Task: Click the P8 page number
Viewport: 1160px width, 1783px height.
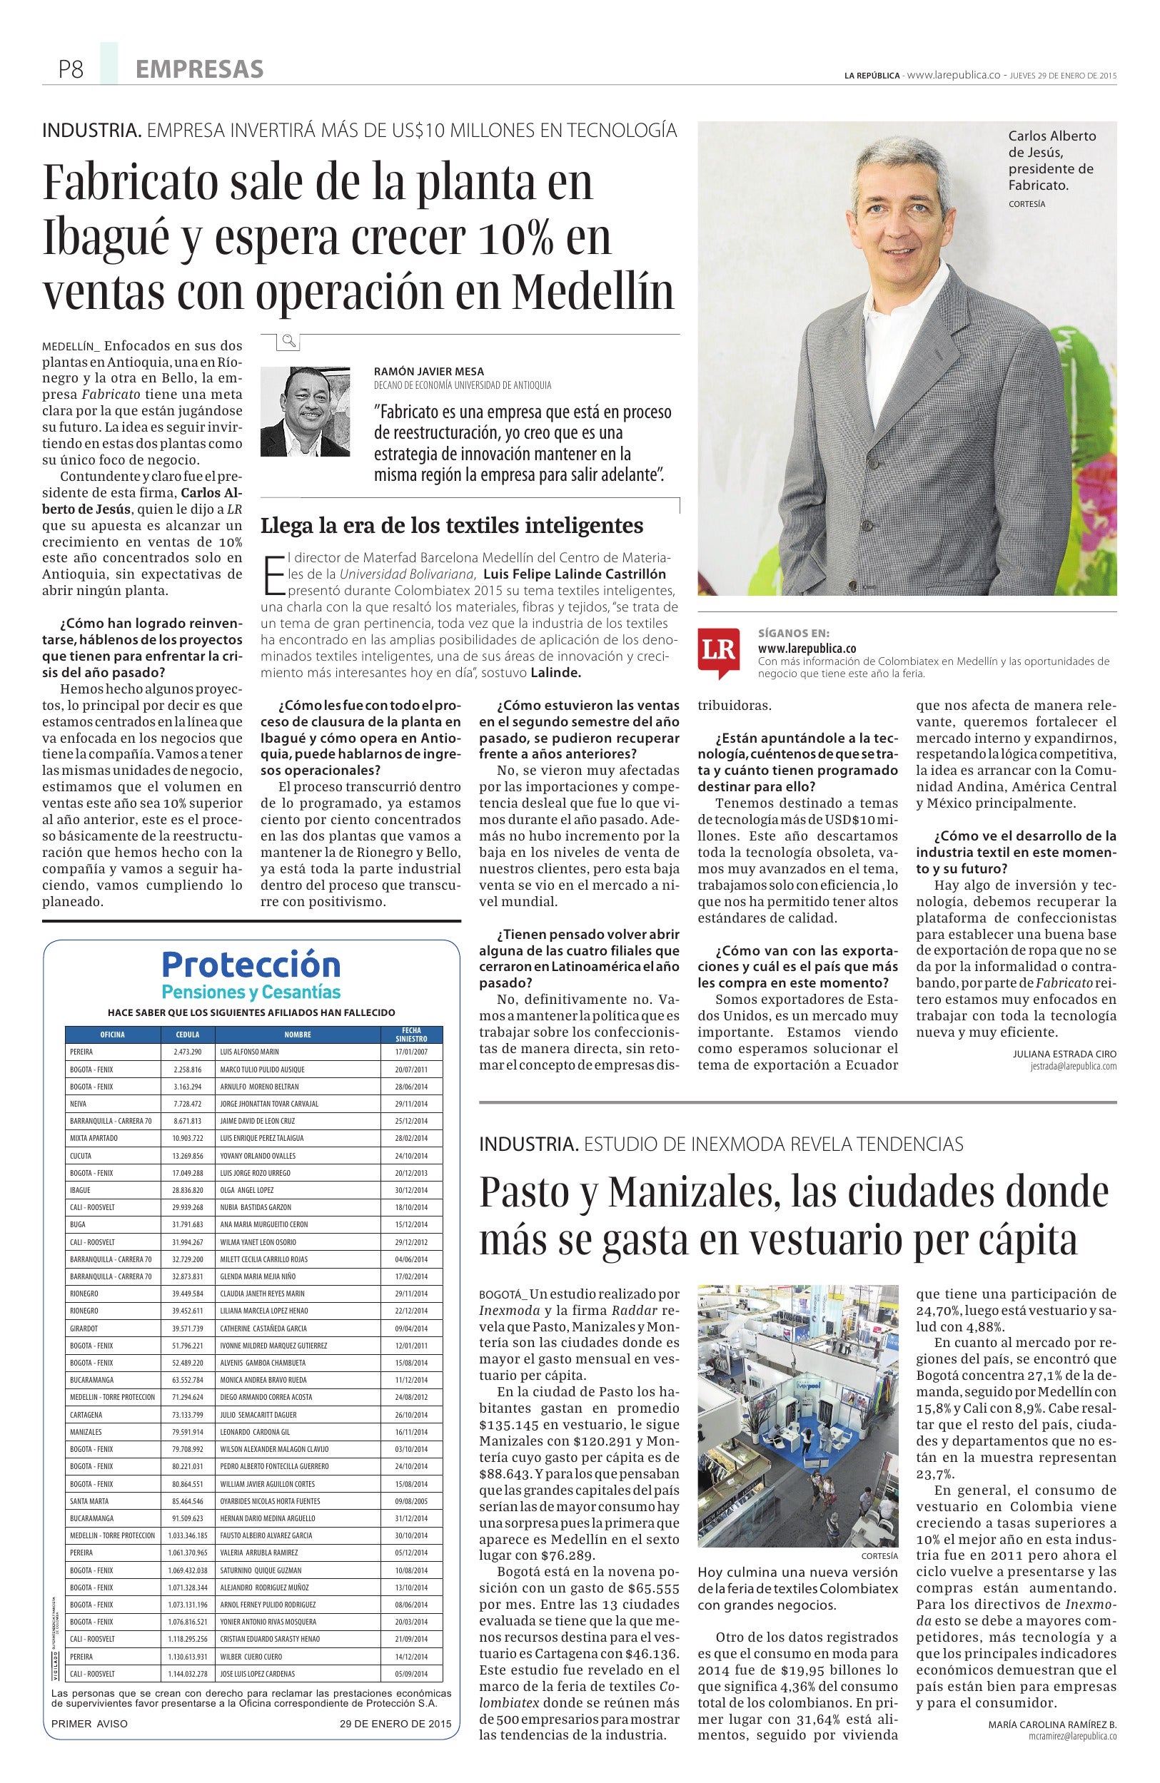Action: (x=71, y=70)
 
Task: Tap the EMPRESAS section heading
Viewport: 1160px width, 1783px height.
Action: (x=199, y=70)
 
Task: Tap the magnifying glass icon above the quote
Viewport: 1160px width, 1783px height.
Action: (x=288, y=342)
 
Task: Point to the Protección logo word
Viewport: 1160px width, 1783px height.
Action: (x=251, y=963)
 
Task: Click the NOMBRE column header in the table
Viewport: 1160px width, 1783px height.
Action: (x=298, y=1035)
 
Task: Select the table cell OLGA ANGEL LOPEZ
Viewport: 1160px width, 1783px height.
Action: (x=246, y=1189)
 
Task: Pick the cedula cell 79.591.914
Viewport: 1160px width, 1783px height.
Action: (x=187, y=1432)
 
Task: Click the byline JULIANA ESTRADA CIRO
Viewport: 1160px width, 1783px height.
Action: (x=1064, y=1053)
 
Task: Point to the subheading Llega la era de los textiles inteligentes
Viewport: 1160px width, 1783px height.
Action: (x=452, y=525)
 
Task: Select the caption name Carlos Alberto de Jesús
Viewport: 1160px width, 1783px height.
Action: (x=1051, y=152)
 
